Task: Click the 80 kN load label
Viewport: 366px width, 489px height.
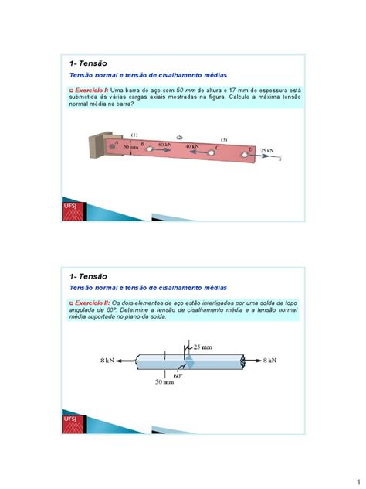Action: [x=164, y=145]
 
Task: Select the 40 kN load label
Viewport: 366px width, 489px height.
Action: [x=191, y=146]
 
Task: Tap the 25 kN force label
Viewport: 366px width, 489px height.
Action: [x=266, y=150]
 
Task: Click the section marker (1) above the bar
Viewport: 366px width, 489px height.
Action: [x=134, y=133]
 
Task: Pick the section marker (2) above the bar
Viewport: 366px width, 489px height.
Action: [x=179, y=137]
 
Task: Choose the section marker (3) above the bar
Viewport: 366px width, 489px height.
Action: [x=224, y=140]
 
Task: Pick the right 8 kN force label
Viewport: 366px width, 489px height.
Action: [x=269, y=361]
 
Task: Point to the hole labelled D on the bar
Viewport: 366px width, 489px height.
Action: [x=245, y=156]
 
